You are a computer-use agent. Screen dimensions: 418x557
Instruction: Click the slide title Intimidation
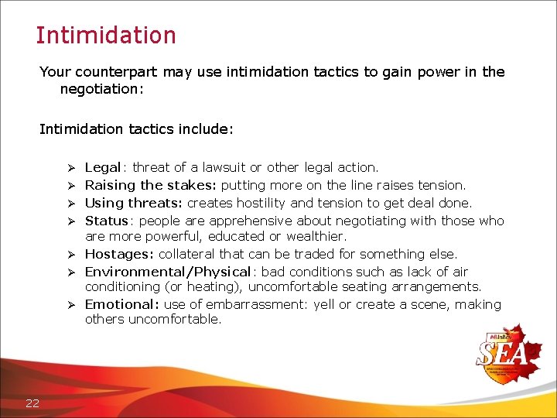pyautogui.click(x=106, y=36)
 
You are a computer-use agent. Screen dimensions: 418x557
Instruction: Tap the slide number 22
pyautogui.click(x=32, y=402)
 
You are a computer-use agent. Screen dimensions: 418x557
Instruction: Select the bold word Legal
pyautogui.click(x=102, y=167)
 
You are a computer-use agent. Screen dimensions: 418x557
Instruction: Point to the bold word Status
pyautogui.click(x=106, y=221)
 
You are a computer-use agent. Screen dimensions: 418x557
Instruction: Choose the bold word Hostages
pyautogui.click(x=117, y=254)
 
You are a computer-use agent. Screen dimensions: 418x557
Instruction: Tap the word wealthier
pyautogui.click(x=317, y=236)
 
